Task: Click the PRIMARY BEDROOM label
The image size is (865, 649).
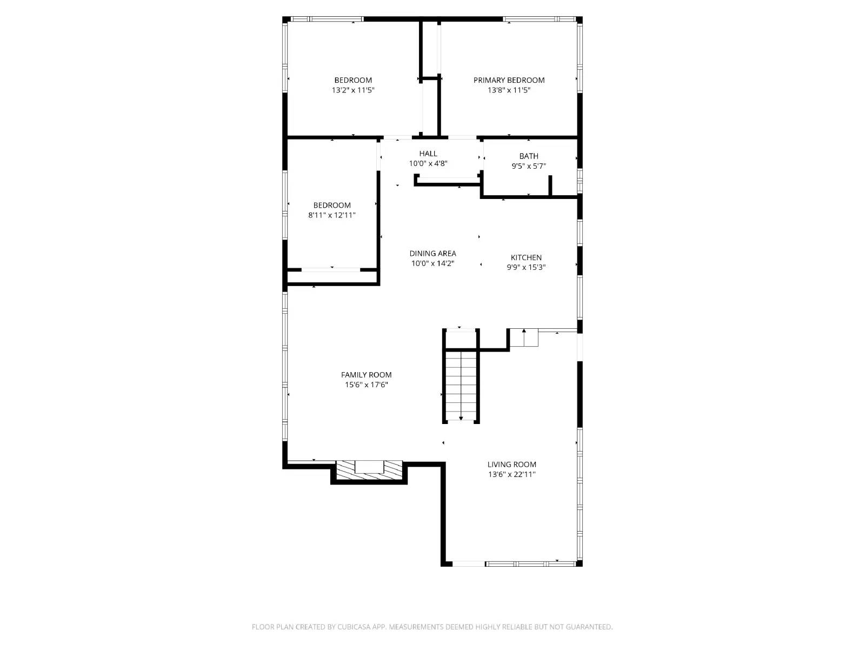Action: pyautogui.click(x=509, y=80)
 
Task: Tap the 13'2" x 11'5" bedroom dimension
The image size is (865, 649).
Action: pyautogui.click(x=353, y=90)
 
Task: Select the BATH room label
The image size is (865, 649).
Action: pyautogui.click(x=528, y=156)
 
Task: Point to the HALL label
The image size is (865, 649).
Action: pyautogui.click(x=428, y=154)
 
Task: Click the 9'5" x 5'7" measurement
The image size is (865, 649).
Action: pyautogui.click(x=528, y=166)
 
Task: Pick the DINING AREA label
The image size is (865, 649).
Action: pyautogui.click(x=432, y=253)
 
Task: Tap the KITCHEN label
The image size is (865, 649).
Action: pyautogui.click(x=526, y=257)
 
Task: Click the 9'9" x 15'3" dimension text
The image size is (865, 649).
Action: pyautogui.click(x=526, y=267)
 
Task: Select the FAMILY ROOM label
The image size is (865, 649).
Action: pyautogui.click(x=366, y=375)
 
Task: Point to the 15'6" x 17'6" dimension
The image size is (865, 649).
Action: pyautogui.click(x=366, y=385)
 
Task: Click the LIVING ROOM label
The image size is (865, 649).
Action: pyautogui.click(x=511, y=464)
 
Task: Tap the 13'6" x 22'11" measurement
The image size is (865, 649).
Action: pyautogui.click(x=511, y=474)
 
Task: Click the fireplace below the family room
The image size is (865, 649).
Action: pyautogui.click(x=369, y=470)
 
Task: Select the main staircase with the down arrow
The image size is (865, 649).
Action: pyautogui.click(x=461, y=385)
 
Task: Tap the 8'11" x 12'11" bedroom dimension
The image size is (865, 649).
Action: pyautogui.click(x=331, y=215)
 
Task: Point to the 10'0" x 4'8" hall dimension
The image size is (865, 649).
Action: pyautogui.click(x=428, y=163)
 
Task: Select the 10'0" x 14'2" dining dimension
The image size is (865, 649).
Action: pyautogui.click(x=432, y=263)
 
